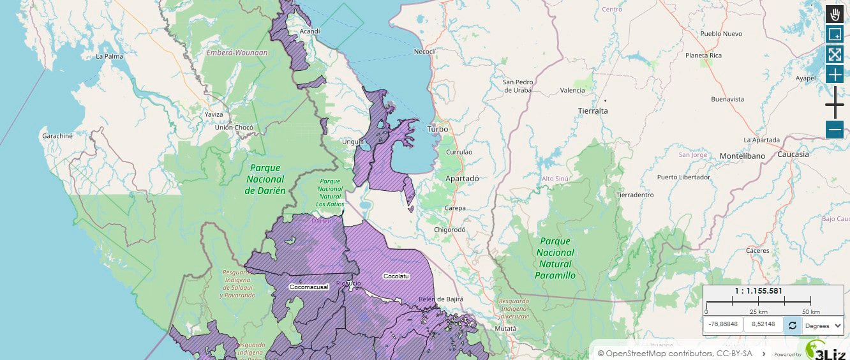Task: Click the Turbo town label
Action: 437,129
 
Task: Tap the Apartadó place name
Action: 462,179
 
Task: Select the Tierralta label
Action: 593,110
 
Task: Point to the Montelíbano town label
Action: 742,156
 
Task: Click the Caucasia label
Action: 793,154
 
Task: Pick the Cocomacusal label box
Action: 309,287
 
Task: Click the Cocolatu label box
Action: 396,276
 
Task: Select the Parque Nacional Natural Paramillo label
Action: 556,259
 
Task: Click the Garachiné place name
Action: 57,136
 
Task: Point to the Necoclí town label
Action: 424,51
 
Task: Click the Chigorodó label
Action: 450,229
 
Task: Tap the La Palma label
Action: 108,56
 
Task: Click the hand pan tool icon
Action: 835,14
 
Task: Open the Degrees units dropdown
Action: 823,326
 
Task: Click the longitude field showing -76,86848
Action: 723,325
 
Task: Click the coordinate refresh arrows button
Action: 792,326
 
